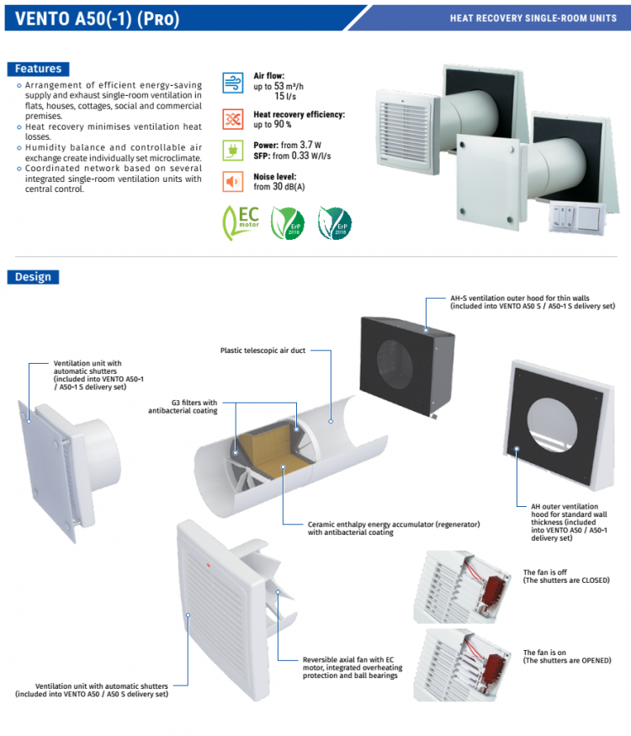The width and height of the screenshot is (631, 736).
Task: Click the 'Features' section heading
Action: point(38,68)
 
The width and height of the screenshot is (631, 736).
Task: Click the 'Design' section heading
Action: point(33,276)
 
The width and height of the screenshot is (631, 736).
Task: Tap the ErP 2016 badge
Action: point(287,223)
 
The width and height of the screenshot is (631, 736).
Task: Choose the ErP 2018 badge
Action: point(335,223)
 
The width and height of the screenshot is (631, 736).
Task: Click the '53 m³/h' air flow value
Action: point(288,86)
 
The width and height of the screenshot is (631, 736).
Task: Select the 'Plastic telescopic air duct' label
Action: point(262,350)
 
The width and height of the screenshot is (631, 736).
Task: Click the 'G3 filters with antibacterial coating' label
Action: point(183,407)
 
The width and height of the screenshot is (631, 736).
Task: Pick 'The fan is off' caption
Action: point(545,573)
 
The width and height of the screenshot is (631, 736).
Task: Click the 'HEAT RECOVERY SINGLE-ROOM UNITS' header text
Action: point(533,18)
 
